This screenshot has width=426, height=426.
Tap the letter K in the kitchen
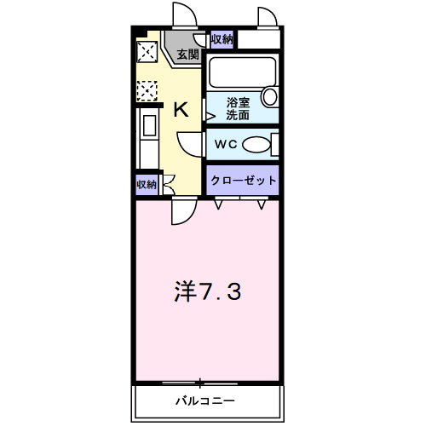181,108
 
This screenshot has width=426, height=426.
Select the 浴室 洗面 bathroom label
238,108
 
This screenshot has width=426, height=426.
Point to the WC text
224,143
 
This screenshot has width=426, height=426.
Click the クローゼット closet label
244,180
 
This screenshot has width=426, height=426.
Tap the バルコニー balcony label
205,400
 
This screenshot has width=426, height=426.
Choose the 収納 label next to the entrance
222,38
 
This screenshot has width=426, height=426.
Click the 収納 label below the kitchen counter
146,184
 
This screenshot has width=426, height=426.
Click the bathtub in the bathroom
242,72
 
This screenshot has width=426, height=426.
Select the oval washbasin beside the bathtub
269,96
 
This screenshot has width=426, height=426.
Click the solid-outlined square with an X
147,52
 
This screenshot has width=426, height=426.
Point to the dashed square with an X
147,88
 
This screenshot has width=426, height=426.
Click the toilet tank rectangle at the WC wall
275,144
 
